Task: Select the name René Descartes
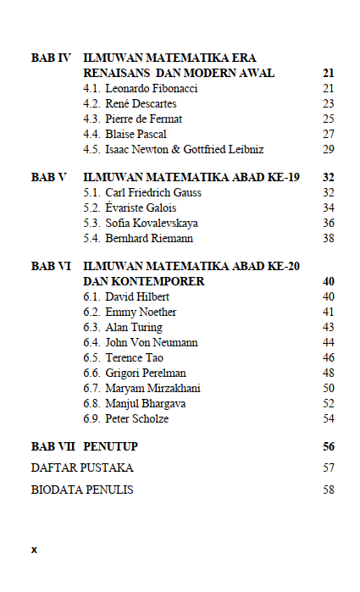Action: tap(141, 104)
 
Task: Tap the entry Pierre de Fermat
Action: tap(143, 119)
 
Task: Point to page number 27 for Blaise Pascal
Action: tap(329, 135)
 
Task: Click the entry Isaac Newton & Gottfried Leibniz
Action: tap(185, 150)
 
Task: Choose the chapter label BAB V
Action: tap(48, 178)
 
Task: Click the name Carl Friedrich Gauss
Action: tap(153, 193)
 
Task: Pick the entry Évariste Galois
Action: tap(141, 208)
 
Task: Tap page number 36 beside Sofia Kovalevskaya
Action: tap(329, 224)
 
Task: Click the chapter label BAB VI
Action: tap(50, 266)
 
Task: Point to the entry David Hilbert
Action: tap(137, 297)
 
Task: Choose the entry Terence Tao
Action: tap(134, 358)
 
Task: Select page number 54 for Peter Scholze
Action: tap(329, 419)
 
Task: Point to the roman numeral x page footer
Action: tap(34, 550)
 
